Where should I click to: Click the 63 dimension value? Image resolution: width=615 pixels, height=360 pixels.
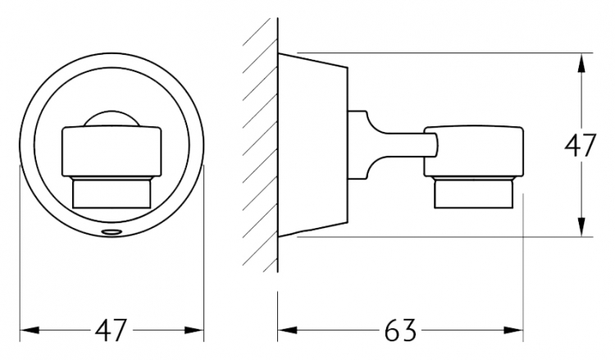(399, 330)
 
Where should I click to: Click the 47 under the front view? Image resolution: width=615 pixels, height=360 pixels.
(112, 330)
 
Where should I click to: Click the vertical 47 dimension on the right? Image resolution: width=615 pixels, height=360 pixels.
(581, 145)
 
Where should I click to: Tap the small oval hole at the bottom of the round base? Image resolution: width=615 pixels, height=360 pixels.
(112, 232)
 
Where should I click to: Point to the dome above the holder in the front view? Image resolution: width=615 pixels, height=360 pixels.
(112, 118)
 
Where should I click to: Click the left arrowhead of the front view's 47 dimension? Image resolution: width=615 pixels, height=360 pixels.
(30, 330)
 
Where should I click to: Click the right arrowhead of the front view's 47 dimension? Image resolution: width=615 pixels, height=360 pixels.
(194, 330)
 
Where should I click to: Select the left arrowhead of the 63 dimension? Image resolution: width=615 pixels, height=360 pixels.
(288, 330)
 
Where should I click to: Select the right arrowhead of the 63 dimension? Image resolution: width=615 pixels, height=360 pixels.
(513, 330)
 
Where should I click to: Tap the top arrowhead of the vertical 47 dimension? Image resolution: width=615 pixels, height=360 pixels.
(581, 63)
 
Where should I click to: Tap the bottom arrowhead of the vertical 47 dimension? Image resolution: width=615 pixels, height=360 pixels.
(581, 226)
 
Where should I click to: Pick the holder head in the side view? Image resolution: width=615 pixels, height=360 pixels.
(474, 151)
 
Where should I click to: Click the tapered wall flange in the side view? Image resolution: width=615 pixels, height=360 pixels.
(312, 145)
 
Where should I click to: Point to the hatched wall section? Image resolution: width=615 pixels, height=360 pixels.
(260, 145)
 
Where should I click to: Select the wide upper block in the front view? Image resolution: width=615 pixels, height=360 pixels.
(112, 151)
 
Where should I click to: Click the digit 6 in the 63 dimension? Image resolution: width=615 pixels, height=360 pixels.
(392, 330)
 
